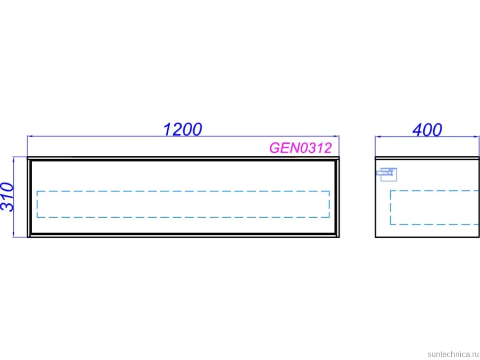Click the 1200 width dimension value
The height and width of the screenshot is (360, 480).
coord(183,129)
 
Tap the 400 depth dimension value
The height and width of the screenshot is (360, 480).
coord(427,130)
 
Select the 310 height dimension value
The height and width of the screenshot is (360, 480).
coord(7,197)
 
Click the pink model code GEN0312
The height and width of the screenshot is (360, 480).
coord(300,148)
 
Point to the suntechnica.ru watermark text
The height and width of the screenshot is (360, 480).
coord(453,354)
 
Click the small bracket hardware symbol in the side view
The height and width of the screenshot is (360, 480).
coord(386,175)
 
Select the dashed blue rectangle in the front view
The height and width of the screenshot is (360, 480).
coord(183,191)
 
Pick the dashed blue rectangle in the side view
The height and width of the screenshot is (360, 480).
coord(434,190)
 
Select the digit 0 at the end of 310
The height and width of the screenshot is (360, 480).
coord(7,187)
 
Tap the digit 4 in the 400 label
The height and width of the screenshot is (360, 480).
coord(417,130)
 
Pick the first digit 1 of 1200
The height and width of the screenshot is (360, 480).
coord(167,130)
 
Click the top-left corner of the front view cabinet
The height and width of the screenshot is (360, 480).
coord(28,158)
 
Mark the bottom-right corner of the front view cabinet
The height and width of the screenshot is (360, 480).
coord(339,237)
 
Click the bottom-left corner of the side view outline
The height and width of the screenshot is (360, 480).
coord(375,237)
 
